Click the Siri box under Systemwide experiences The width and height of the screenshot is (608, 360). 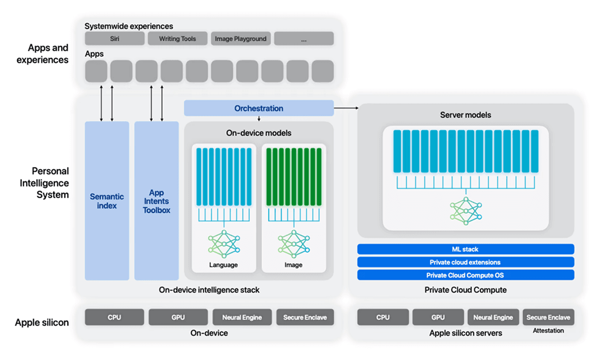coord(114,39)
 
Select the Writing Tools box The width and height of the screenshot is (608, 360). coord(177,39)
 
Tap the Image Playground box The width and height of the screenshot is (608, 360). coord(241,39)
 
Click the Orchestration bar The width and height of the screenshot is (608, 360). coord(258,108)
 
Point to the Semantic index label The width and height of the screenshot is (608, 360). coord(107,201)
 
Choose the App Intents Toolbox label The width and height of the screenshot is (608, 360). coord(157,201)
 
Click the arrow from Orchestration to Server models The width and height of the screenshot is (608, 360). coord(346,108)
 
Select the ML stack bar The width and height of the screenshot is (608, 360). coord(465,249)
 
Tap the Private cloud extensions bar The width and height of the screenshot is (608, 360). coord(465,262)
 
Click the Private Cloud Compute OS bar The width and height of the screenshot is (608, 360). coord(465,275)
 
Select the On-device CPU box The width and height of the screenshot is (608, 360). coord(114,317)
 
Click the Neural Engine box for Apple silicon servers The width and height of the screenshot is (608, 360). coord(493,317)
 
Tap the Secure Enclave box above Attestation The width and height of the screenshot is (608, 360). coord(548,317)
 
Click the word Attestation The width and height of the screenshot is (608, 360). coord(548,331)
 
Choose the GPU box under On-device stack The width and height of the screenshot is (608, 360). coord(178,317)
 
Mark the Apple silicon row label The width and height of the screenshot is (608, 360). coord(42,322)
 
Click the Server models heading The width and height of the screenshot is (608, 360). coord(465,115)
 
